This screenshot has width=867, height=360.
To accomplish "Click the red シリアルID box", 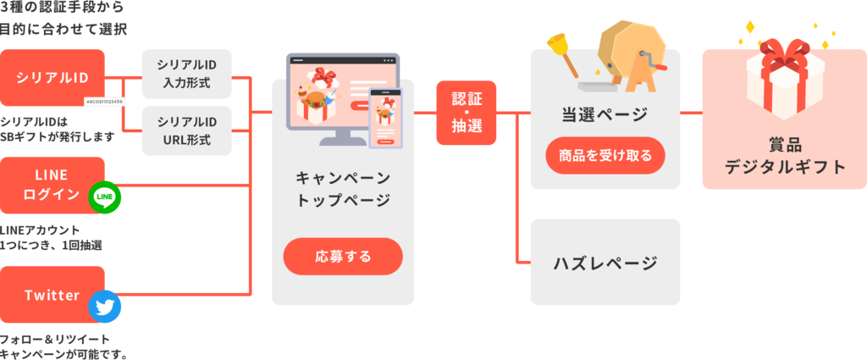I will (x=52, y=77).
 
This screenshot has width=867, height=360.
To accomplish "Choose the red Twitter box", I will (x=52, y=295).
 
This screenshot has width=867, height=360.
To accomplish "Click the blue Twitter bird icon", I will (x=106, y=307).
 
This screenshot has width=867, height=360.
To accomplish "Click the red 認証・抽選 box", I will (x=467, y=113).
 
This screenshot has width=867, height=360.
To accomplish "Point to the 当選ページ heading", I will (x=605, y=114).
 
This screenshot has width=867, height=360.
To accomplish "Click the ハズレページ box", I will (x=605, y=262).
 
